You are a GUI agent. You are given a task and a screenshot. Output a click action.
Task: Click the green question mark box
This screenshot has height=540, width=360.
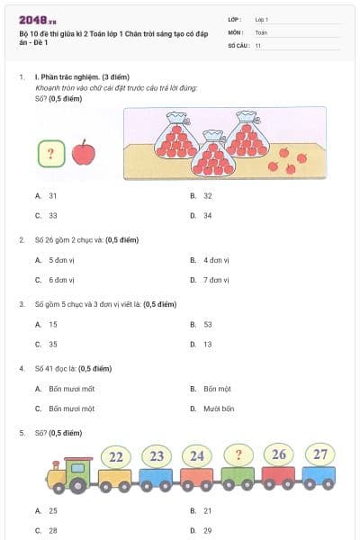coord(51,152)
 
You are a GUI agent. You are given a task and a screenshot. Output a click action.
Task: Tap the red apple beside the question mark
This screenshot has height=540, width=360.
coord(83,152)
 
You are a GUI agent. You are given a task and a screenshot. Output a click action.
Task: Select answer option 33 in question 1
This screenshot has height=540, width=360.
coord(53,215)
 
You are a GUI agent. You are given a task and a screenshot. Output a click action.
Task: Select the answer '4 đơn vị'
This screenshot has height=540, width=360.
coord(217,260)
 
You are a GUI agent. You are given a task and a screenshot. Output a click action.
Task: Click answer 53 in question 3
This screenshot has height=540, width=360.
coord(208,324)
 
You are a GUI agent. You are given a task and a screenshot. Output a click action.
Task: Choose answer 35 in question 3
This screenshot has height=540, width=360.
coord(53,344)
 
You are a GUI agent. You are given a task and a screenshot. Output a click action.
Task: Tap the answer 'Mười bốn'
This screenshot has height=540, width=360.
coord(219,409)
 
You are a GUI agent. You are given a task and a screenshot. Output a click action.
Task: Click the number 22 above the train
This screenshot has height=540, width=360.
coord(116,457)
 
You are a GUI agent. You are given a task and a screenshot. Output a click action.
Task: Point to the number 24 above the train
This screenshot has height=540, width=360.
coord(197,456)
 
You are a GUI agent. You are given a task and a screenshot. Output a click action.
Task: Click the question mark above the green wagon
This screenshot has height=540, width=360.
coord(238,454)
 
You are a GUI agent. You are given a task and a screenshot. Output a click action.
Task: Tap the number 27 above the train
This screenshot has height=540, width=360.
coord(320,454)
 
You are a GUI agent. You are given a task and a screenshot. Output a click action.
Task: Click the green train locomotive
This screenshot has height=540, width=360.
coord(69,475)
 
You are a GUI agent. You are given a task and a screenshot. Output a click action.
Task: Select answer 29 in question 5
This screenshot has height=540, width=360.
coord(208,531)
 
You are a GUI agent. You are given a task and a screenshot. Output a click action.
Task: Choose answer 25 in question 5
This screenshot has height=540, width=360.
coord(53,510)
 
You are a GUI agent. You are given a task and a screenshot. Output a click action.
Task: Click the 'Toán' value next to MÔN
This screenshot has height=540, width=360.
coord(261,31)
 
